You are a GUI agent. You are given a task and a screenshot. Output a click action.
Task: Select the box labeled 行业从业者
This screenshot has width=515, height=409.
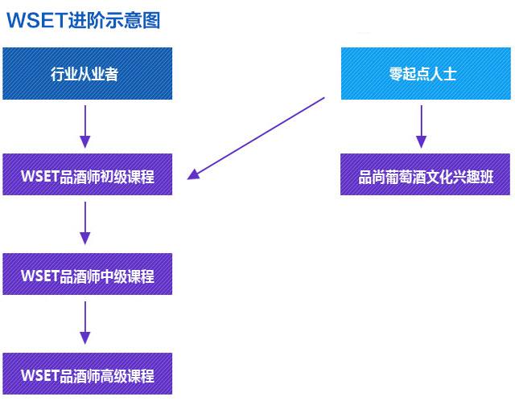tap(87, 74)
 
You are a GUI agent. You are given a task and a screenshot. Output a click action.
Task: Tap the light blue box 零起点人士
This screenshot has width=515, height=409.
tap(424, 74)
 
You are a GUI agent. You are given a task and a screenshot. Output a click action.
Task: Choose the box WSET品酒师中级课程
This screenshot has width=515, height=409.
tap(87, 276)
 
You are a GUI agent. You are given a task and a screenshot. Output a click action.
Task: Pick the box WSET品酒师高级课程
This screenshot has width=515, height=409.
tap(87, 374)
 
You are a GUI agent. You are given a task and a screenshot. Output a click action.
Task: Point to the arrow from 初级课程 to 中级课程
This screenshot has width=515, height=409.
tap(85, 223)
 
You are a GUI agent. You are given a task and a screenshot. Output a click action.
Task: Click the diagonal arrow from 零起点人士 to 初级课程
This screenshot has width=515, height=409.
tap(257, 137)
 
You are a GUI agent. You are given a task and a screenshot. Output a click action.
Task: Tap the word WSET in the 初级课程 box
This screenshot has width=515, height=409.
tap(39, 176)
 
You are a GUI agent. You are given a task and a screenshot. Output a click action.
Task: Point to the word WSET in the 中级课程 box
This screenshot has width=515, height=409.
tap(39, 276)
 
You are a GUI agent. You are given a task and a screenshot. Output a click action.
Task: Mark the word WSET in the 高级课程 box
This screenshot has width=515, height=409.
tap(39, 374)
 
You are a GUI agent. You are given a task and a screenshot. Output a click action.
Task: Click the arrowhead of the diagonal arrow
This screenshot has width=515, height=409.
tap(193, 174)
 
